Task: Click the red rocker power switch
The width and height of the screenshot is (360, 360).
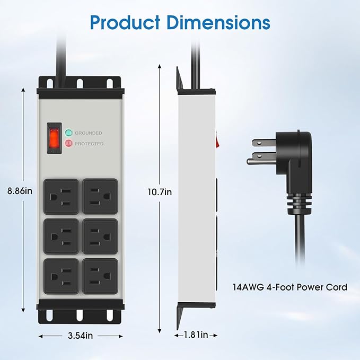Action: click(x=55, y=138)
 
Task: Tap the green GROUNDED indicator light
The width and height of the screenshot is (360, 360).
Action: click(x=68, y=133)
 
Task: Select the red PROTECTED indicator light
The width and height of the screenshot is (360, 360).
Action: click(x=68, y=144)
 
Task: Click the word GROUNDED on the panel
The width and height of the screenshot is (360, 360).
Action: click(x=89, y=133)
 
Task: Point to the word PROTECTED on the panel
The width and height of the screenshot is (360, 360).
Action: click(x=89, y=144)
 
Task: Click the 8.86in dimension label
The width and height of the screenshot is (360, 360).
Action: click(x=20, y=191)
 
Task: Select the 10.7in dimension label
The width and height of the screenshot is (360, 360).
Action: click(x=160, y=192)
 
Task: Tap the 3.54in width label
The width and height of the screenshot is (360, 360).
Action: click(x=81, y=336)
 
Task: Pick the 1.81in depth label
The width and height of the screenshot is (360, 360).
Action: click(x=196, y=335)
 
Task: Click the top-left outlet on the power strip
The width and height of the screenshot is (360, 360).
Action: click(x=61, y=197)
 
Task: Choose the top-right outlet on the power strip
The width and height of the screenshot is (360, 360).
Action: click(x=100, y=197)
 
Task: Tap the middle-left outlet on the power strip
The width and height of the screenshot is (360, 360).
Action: click(x=61, y=236)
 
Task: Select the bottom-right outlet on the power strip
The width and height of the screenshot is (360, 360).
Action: click(x=100, y=276)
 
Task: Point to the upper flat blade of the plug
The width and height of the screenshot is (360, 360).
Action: click(x=264, y=143)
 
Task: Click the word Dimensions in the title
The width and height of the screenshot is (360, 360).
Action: click(x=218, y=22)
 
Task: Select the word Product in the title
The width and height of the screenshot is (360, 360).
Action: click(x=125, y=22)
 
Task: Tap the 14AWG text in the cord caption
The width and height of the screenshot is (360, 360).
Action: click(x=248, y=287)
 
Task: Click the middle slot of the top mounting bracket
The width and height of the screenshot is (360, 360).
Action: click(x=80, y=83)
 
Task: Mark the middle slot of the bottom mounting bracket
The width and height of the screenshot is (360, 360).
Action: click(x=80, y=315)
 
